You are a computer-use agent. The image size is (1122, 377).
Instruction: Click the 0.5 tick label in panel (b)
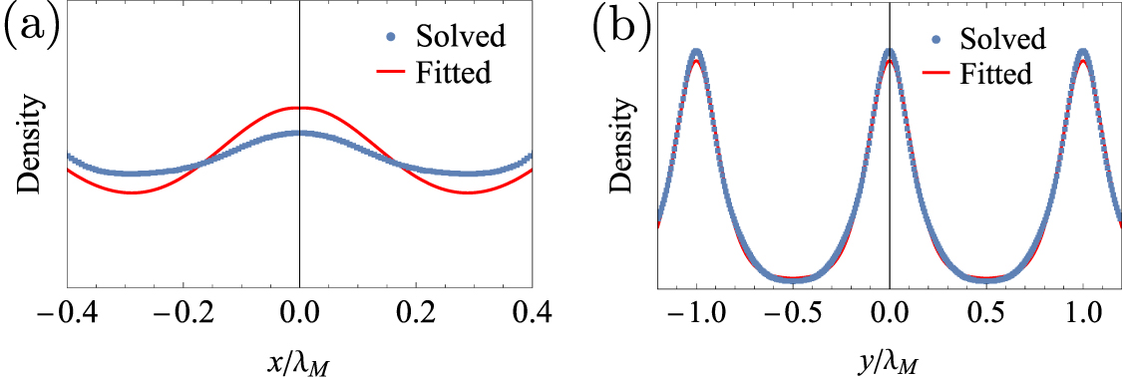click(985, 312)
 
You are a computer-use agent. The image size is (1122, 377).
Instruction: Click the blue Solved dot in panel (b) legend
click(936, 41)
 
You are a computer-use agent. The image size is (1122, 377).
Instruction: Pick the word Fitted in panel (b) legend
click(995, 74)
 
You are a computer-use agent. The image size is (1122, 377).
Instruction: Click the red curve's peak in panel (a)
click(299, 107)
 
